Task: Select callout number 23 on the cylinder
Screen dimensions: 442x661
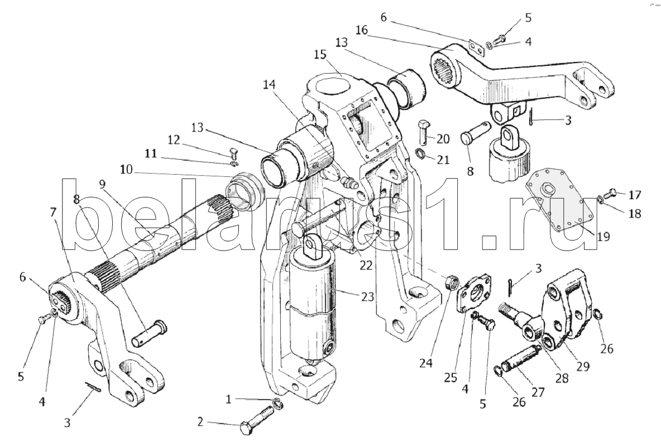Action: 368,297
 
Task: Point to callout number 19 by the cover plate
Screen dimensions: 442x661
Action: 601,237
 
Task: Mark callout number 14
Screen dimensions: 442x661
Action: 269,85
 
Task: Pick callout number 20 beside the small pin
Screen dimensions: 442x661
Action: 443,138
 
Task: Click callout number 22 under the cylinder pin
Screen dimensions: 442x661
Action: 366,265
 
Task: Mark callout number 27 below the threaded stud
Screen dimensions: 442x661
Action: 538,391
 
